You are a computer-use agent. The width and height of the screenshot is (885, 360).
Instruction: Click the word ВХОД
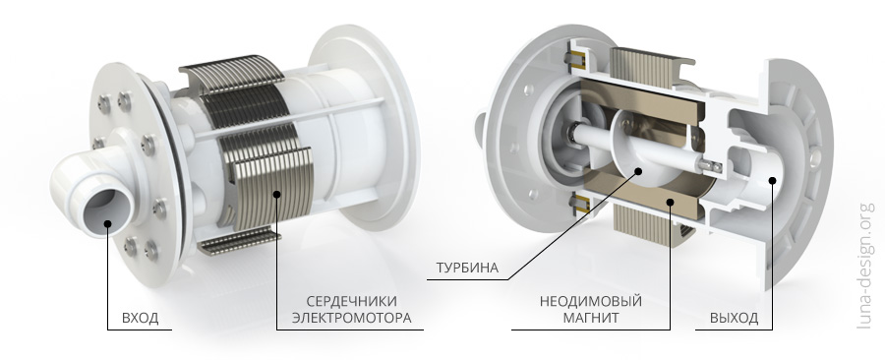click(139, 319)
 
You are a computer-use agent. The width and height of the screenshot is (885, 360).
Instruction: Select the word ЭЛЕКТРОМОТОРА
click(351, 319)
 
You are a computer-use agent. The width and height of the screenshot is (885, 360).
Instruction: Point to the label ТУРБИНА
click(464, 268)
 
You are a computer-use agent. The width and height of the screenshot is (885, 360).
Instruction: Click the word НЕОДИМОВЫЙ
click(580, 300)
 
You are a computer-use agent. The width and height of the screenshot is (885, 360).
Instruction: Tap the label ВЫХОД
click(734, 319)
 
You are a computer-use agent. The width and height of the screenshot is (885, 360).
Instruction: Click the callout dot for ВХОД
click(106, 222)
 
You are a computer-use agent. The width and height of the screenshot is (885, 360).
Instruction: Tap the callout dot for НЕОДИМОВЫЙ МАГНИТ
click(671, 203)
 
